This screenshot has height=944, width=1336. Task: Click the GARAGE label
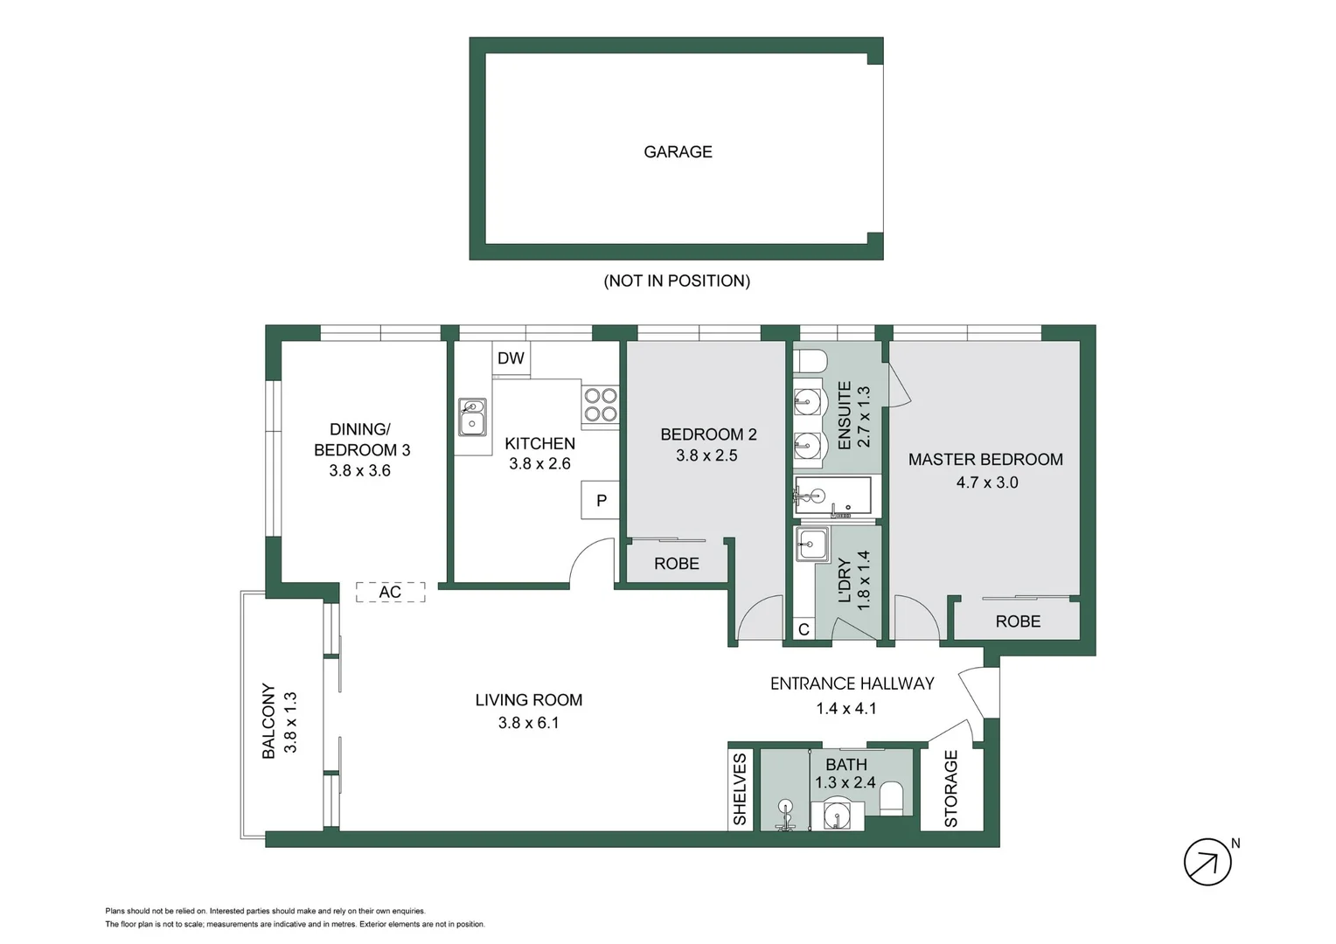678,152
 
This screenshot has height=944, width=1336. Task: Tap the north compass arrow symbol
1207,862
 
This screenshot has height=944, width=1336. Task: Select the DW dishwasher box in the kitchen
511,358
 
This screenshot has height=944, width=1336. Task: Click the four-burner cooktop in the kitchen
601,406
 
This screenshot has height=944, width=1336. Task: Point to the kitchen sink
472,417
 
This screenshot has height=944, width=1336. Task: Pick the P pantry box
601,501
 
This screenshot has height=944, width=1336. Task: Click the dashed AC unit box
390,593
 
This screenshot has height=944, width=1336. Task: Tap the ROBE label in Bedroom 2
676,564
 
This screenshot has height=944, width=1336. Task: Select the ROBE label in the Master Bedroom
1018,621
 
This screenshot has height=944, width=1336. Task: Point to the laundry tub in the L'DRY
811,545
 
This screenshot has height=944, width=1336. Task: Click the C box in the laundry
804,629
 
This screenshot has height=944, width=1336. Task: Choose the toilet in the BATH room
891,797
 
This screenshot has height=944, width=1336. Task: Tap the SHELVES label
740,789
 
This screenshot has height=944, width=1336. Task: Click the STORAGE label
951,788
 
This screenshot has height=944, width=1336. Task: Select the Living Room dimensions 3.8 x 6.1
528,723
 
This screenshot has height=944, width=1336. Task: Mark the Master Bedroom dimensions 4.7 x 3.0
986,482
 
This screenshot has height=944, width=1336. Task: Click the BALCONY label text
268,721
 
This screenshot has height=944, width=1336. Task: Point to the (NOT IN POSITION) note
677,281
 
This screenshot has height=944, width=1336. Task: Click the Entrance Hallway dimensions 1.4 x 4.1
845,709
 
